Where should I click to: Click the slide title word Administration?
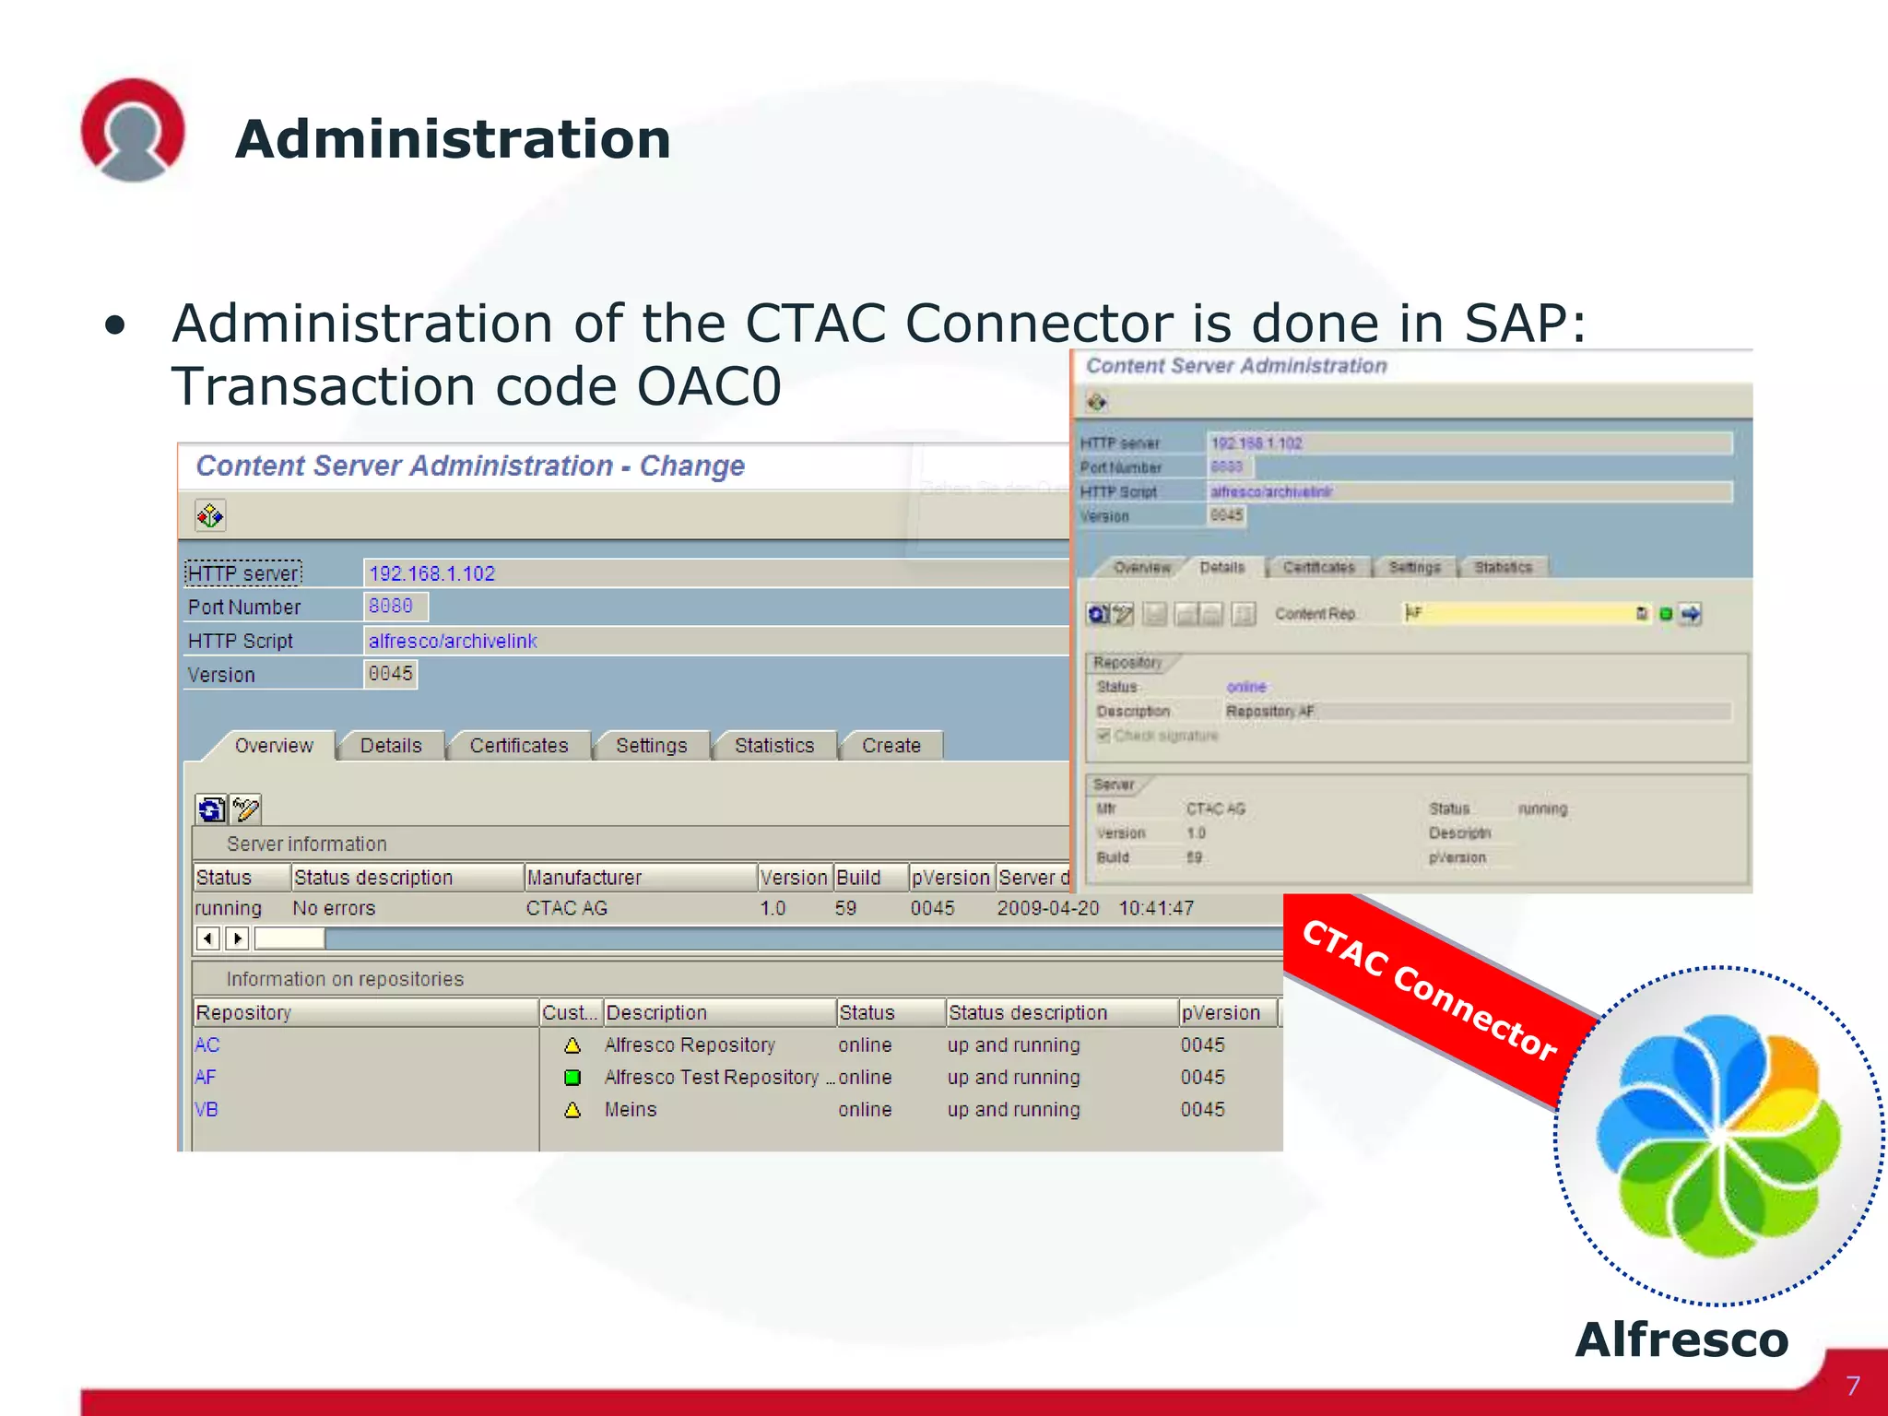[x=452, y=140]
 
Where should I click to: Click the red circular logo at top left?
[x=133, y=129]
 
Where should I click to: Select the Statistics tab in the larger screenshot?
[x=773, y=746]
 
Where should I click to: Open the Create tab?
[x=891, y=746]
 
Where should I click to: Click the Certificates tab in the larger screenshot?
[x=518, y=746]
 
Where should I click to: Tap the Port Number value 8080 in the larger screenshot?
[x=391, y=606]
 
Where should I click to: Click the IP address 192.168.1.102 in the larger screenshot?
[x=431, y=573]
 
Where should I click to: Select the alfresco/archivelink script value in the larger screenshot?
[x=452, y=641]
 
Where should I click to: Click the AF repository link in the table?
[x=205, y=1077]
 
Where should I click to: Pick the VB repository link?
[x=206, y=1109]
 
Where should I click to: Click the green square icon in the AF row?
[x=572, y=1077]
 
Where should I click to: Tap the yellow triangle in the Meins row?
[x=572, y=1110]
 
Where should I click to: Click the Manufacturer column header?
[x=584, y=878]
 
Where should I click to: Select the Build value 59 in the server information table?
[x=845, y=908]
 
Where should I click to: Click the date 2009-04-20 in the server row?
[x=1047, y=908]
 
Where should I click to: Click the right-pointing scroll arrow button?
[x=238, y=938]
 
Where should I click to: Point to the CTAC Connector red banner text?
[x=1428, y=990]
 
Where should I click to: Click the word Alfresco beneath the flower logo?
[x=1681, y=1339]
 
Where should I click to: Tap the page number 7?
[x=1853, y=1386]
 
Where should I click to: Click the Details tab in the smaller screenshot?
[x=1221, y=567]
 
